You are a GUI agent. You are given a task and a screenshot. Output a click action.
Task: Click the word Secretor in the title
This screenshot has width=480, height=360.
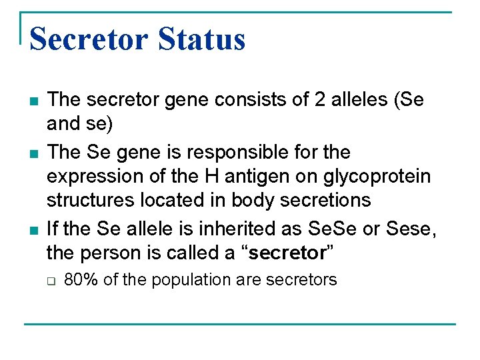click(88, 39)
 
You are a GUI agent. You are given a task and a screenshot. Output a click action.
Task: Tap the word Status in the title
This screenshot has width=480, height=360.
click(202, 39)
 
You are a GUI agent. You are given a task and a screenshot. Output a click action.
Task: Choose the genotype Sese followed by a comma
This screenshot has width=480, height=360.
click(411, 229)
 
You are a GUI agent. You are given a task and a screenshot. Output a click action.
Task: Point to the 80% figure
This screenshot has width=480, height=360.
click(81, 280)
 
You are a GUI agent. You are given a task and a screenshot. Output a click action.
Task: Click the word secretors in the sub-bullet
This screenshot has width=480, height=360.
click(301, 280)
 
